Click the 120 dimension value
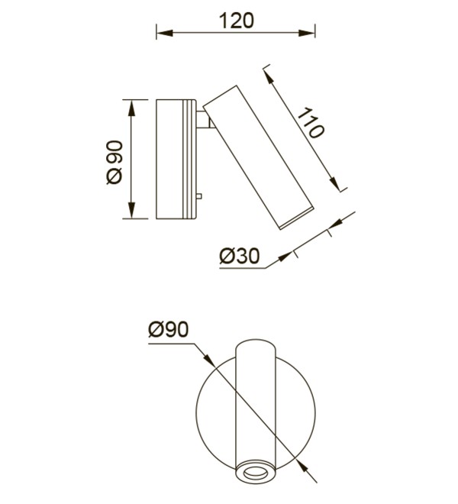click(237, 21)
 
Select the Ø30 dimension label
click(240, 257)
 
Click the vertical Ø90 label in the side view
click(114, 163)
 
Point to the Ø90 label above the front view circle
click(168, 329)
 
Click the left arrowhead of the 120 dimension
click(165, 33)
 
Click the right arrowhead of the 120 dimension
click(307, 33)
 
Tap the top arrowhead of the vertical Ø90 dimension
click(131, 108)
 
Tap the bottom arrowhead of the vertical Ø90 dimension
click(131, 211)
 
